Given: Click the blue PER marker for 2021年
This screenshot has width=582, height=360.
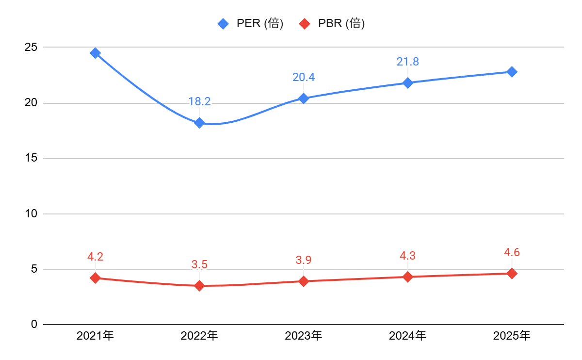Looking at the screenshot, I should (x=95, y=53).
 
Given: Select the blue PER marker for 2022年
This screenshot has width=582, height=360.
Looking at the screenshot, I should (x=199, y=123).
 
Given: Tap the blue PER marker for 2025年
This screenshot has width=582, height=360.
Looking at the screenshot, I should (x=512, y=72).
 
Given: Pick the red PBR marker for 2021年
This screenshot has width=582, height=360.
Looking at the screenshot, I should (x=95, y=278).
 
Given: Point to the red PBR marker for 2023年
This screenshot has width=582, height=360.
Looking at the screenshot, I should (x=304, y=281).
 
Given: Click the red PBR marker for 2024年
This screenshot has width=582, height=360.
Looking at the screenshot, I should (x=407, y=277).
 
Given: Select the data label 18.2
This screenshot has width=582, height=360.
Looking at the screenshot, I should (x=199, y=101).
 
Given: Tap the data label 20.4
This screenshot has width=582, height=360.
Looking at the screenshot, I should (x=304, y=77).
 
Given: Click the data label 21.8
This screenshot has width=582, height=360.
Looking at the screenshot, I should (x=407, y=62).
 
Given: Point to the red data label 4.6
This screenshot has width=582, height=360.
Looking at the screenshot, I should (x=512, y=252).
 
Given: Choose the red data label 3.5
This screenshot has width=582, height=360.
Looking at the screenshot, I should (x=199, y=264).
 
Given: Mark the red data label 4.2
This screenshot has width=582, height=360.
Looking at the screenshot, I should (x=95, y=257).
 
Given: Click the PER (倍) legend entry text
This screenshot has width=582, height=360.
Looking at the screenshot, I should (x=259, y=23).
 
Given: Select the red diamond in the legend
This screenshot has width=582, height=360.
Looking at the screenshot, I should (x=305, y=23).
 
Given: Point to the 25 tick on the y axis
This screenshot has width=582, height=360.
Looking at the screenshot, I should (x=31, y=48).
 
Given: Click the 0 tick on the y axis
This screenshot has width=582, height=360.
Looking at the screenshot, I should (x=34, y=324).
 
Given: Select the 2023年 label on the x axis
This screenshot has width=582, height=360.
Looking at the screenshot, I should (x=304, y=335).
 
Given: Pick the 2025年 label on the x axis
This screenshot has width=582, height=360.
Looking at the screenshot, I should (x=512, y=335).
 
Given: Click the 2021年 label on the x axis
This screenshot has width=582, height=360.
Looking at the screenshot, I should (x=95, y=335).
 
